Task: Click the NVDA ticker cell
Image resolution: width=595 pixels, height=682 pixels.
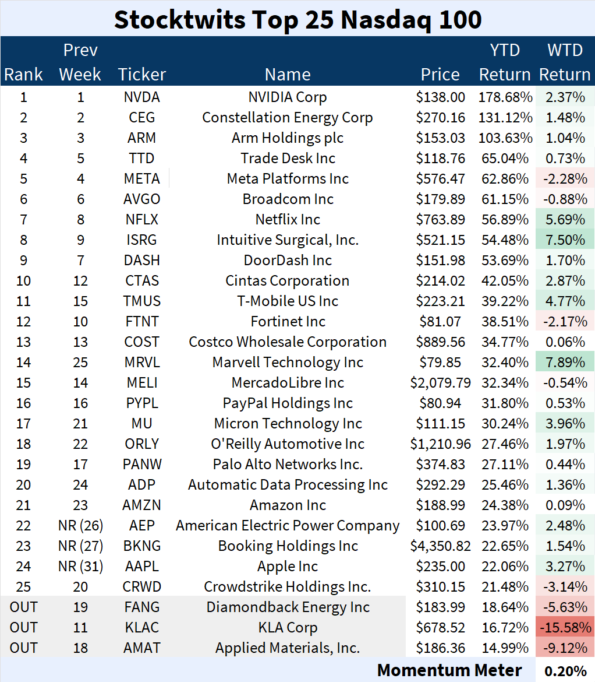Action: (x=141, y=97)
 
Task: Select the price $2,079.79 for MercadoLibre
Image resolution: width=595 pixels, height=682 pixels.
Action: (x=440, y=383)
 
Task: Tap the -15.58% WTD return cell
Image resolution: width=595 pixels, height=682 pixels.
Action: (x=565, y=628)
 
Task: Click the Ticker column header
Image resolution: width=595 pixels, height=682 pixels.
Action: (x=141, y=75)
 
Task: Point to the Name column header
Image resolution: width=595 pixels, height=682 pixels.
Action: (x=288, y=75)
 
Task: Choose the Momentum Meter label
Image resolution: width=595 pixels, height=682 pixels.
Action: (x=449, y=670)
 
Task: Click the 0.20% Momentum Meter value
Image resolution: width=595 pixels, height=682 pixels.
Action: (x=565, y=671)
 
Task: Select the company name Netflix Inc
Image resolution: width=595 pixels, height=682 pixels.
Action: (x=288, y=220)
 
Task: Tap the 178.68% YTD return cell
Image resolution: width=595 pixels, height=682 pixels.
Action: (x=505, y=97)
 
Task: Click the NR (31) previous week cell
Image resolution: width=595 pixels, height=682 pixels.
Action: (x=80, y=567)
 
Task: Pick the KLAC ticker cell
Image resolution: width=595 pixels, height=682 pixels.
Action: (x=141, y=628)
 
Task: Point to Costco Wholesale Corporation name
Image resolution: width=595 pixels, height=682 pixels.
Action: (x=288, y=342)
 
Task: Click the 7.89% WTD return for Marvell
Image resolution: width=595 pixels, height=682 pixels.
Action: (x=565, y=363)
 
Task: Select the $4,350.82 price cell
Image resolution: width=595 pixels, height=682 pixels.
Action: (x=440, y=546)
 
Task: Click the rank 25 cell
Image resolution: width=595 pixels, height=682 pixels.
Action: (x=23, y=587)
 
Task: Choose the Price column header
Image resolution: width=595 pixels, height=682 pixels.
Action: (x=440, y=75)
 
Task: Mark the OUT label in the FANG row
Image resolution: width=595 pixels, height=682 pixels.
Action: (x=23, y=607)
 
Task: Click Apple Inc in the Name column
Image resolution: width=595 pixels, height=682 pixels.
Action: (x=288, y=567)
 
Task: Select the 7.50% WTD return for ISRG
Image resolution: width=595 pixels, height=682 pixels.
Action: (x=565, y=240)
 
